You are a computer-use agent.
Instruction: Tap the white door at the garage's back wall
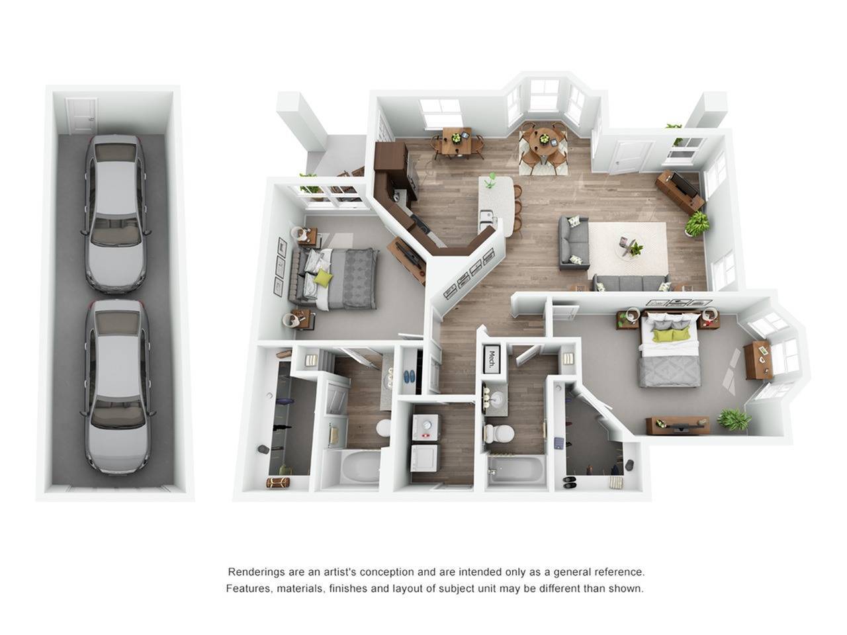click(81, 115)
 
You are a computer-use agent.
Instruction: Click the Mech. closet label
click(492, 359)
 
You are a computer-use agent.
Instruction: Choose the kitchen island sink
click(487, 216)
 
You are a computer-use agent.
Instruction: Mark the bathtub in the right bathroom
click(515, 470)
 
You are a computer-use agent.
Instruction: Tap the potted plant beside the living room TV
click(697, 223)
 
